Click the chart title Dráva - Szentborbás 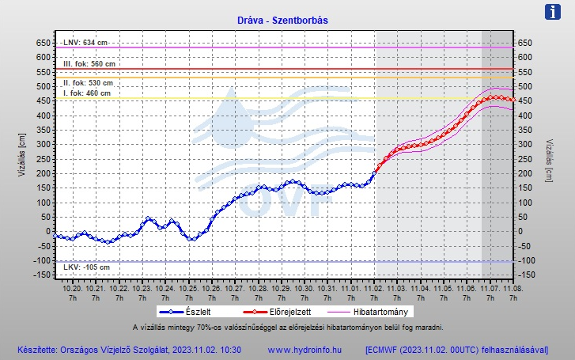[x=287, y=20]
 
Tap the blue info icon [x=554, y=12]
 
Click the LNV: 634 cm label [x=85, y=42]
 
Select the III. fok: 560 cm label [x=89, y=64]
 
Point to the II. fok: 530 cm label [x=88, y=82]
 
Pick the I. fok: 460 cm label [x=86, y=93]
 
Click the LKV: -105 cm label [x=86, y=267]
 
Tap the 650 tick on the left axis [x=40, y=43]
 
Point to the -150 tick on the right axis [x=526, y=275]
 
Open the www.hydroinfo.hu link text [x=304, y=349]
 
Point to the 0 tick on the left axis [x=46, y=232]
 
